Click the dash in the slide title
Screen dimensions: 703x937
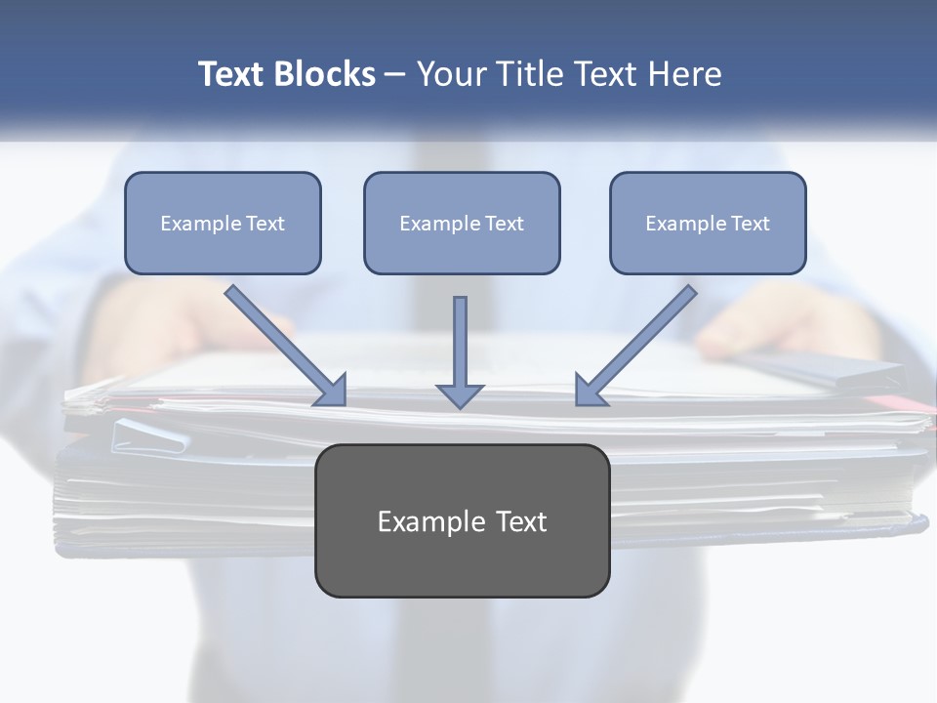click(x=395, y=75)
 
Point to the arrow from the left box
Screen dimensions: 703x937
click(x=283, y=344)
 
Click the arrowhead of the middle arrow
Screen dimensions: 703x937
click(x=460, y=395)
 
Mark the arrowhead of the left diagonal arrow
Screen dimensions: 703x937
click(x=332, y=392)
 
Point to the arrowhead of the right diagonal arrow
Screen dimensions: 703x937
click(x=588, y=391)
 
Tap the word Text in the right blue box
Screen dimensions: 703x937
click(x=750, y=224)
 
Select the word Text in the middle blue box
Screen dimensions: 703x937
click(x=504, y=224)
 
